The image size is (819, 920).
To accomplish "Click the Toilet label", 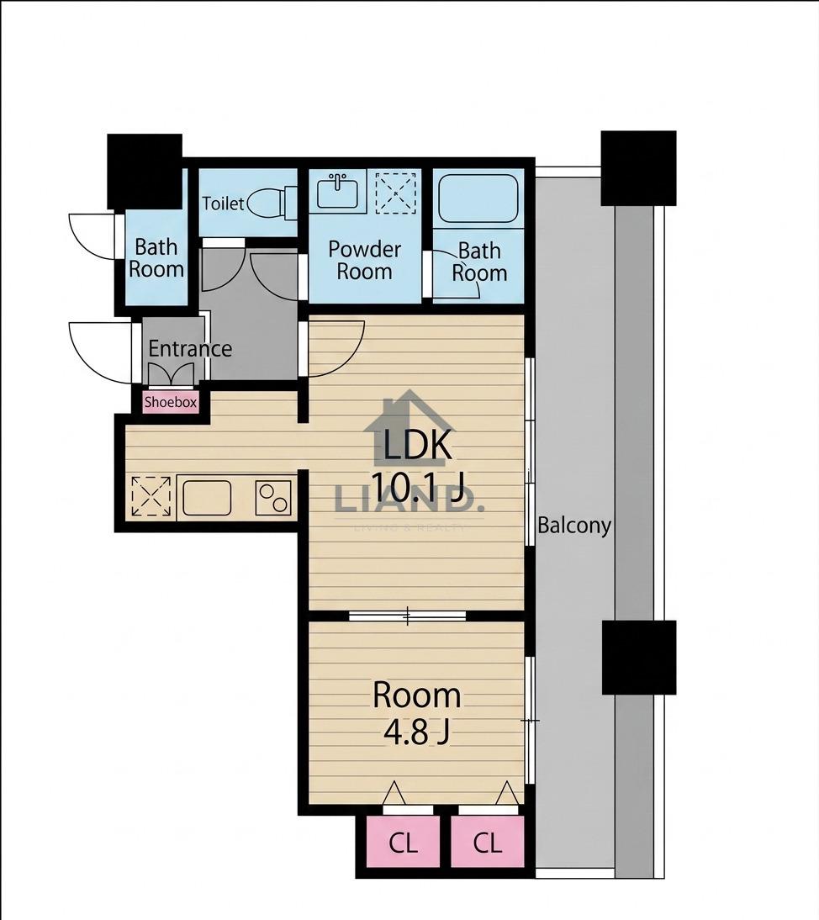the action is (223, 204).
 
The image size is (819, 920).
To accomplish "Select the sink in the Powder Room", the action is (337, 191).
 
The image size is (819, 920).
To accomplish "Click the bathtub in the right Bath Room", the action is (478, 198).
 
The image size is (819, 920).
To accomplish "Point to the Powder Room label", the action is (364, 260).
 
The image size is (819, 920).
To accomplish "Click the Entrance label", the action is (190, 348).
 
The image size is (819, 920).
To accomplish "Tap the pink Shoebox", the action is (171, 403).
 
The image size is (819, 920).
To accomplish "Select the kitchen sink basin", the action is (207, 498).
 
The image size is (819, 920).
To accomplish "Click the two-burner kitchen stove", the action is (273, 498).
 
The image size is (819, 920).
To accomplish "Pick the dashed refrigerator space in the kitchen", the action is (151, 497).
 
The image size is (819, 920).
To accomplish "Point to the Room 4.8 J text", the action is (417, 713).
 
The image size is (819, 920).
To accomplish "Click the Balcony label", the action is (574, 525).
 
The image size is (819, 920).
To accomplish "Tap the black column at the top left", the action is (145, 171).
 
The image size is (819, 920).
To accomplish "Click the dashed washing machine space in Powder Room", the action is (395, 192).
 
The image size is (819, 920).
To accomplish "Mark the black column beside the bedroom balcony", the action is (639, 657).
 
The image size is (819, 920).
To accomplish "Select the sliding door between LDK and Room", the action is (407, 616).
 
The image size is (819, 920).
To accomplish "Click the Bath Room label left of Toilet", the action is (156, 258).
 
